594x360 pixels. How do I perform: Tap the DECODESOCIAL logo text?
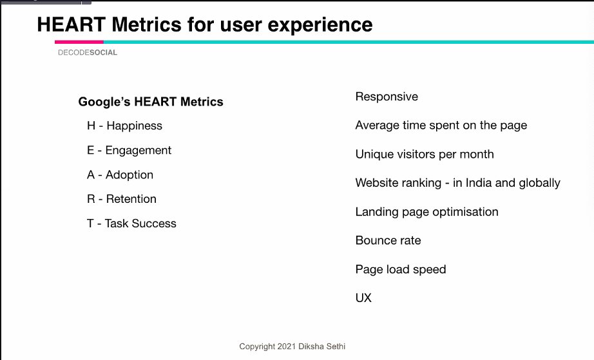pyautogui.click(x=88, y=53)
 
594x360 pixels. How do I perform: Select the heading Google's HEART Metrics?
pyautogui.click(x=151, y=102)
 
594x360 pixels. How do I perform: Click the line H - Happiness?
pyautogui.click(x=124, y=126)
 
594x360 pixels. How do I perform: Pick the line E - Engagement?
pyautogui.click(x=129, y=150)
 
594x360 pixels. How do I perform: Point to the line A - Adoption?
pyautogui.click(x=120, y=175)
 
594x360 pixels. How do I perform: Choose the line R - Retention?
pyautogui.click(x=122, y=199)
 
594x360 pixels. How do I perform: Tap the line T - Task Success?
pyautogui.click(x=131, y=223)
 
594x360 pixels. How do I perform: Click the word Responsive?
pyautogui.click(x=387, y=97)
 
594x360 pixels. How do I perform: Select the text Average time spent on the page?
pyautogui.click(x=441, y=126)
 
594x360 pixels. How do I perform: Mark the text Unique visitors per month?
pyautogui.click(x=425, y=155)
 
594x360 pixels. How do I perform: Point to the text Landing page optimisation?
pyautogui.click(x=426, y=212)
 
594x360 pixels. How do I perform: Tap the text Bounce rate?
pyautogui.click(x=388, y=240)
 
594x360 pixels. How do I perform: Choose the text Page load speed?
pyautogui.click(x=400, y=269)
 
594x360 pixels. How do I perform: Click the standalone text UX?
pyautogui.click(x=363, y=298)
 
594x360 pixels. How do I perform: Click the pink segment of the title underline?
pyautogui.click(x=79, y=42)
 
